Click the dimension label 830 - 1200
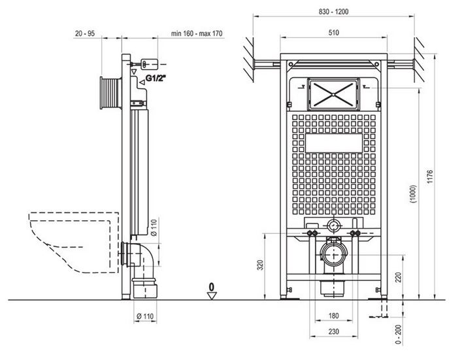[x=333, y=12]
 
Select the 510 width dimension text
[x=333, y=33]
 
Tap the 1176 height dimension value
[x=430, y=176]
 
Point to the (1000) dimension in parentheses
[x=414, y=194]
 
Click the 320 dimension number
[x=261, y=265]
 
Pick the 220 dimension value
[x=399, y=277]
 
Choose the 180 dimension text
[x=333, y=316]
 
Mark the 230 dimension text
[x=333, y=332]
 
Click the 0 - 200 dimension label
[x=398, y=334]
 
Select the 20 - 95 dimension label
[x=85, y=33]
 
